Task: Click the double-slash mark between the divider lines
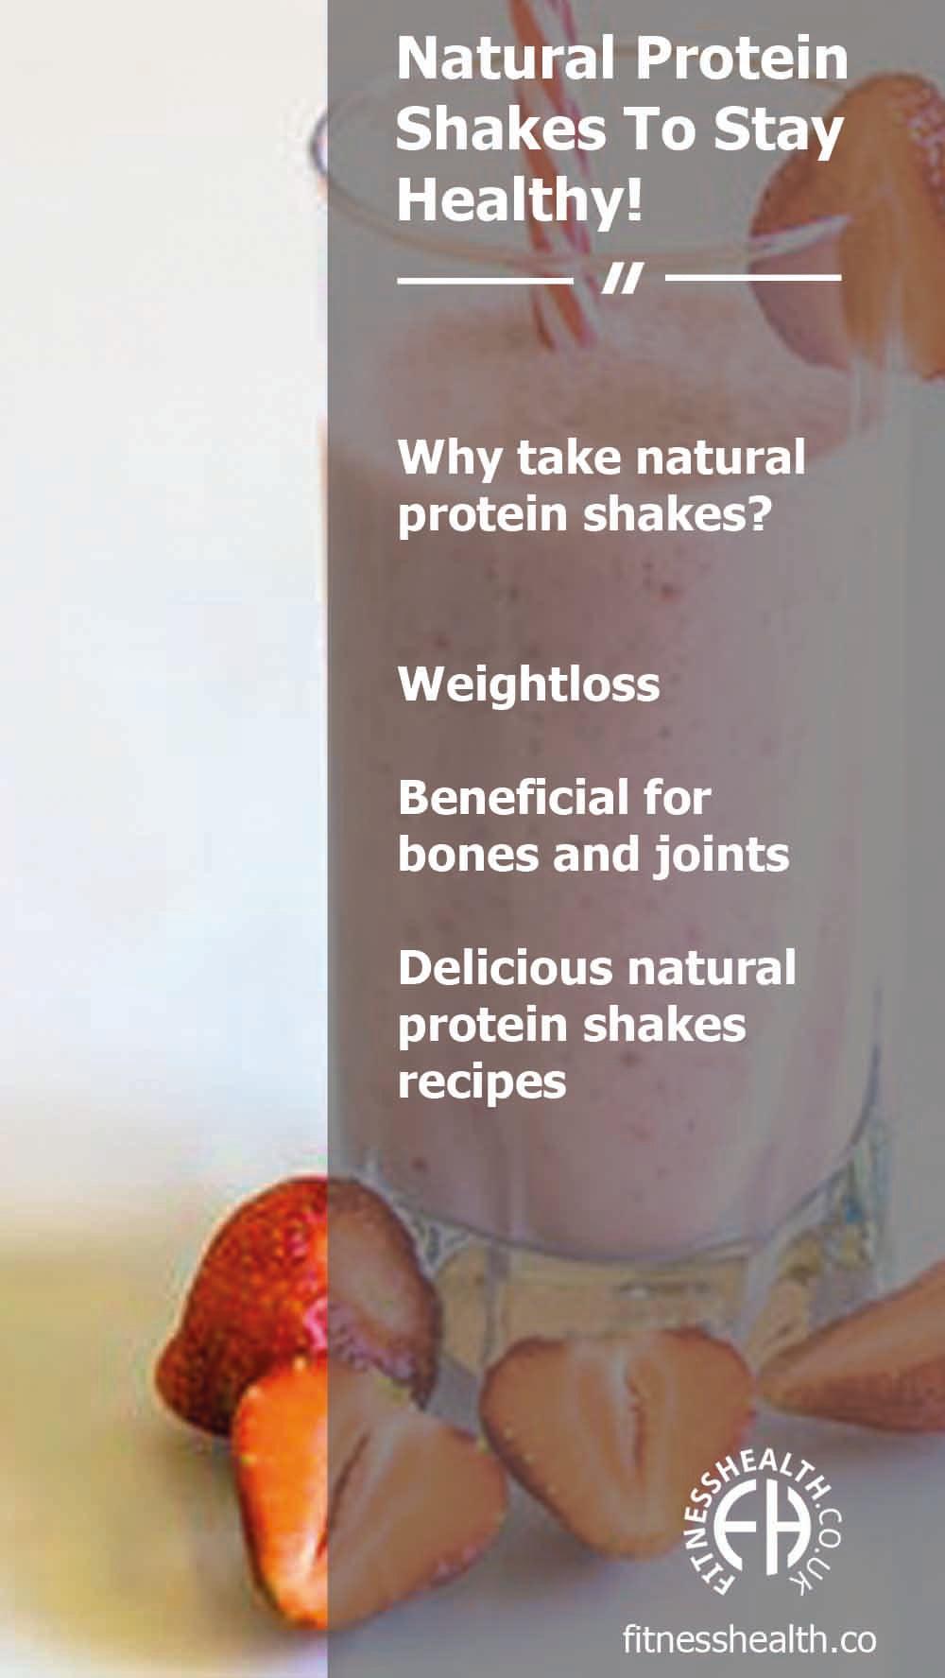pos(621,279)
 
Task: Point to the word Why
pos(451,458)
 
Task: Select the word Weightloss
pos(528,683)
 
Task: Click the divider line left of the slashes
pos(485,279)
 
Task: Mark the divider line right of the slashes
pos(752,278)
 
